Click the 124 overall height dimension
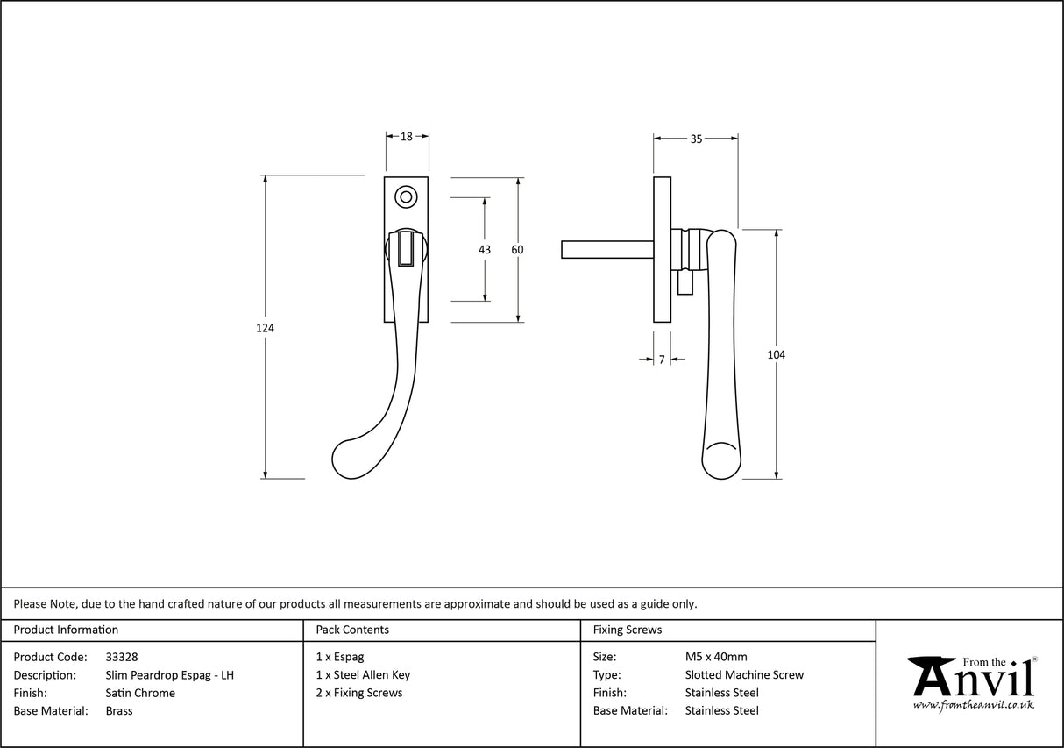[266, 328]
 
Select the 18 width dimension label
[407, 137]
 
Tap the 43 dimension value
[485, 250]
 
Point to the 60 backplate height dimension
[517, 250]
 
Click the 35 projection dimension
[696, 139]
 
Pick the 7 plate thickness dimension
[662, 360]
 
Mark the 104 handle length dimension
[776, 355]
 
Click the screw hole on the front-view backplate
[405, 196]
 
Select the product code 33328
[121, 657]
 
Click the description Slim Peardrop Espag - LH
[169, 675]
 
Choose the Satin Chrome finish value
[139, 693]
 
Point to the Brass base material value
[119, 711]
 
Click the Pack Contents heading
[352, 630]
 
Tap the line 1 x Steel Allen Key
[363, 675]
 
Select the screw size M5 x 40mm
[716, 657]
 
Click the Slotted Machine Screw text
[744, 675]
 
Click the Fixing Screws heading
[628, 630]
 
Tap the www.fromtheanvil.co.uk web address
[973, 705]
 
